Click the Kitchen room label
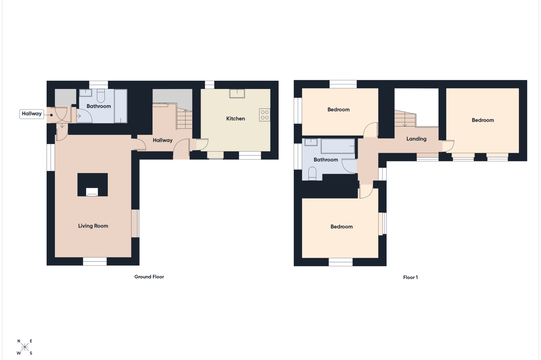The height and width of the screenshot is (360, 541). click(236, 119)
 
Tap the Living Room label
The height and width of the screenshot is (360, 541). click(93, 226)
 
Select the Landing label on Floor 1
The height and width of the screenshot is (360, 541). click(416, 139)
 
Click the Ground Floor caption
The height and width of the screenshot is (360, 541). click(149, 277)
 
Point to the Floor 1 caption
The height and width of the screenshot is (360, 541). click(410, 277)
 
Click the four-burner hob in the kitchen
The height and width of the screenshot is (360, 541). click(265, 115)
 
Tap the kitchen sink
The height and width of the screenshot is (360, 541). click(237, 93)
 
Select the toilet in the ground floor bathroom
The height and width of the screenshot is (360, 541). click(101, 96)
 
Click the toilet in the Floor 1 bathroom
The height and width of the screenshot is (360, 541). click(312, 173)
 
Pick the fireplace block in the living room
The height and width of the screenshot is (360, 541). click(92, 185)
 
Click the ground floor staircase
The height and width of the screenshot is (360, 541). click(184, 119)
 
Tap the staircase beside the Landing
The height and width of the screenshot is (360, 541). click(405, 118)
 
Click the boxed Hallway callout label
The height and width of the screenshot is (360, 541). click(32, 114)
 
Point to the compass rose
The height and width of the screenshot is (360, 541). click(25, 347)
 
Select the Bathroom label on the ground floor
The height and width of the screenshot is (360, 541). click(98, 106)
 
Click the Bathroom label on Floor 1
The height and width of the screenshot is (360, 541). click(326, 160)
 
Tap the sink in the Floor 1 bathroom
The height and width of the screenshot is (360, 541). click(311, 142)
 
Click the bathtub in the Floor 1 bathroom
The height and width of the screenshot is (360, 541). click(338, 146)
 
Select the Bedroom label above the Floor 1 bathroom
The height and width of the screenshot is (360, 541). click(339, 110)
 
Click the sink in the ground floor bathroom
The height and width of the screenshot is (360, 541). click(86, 93)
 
